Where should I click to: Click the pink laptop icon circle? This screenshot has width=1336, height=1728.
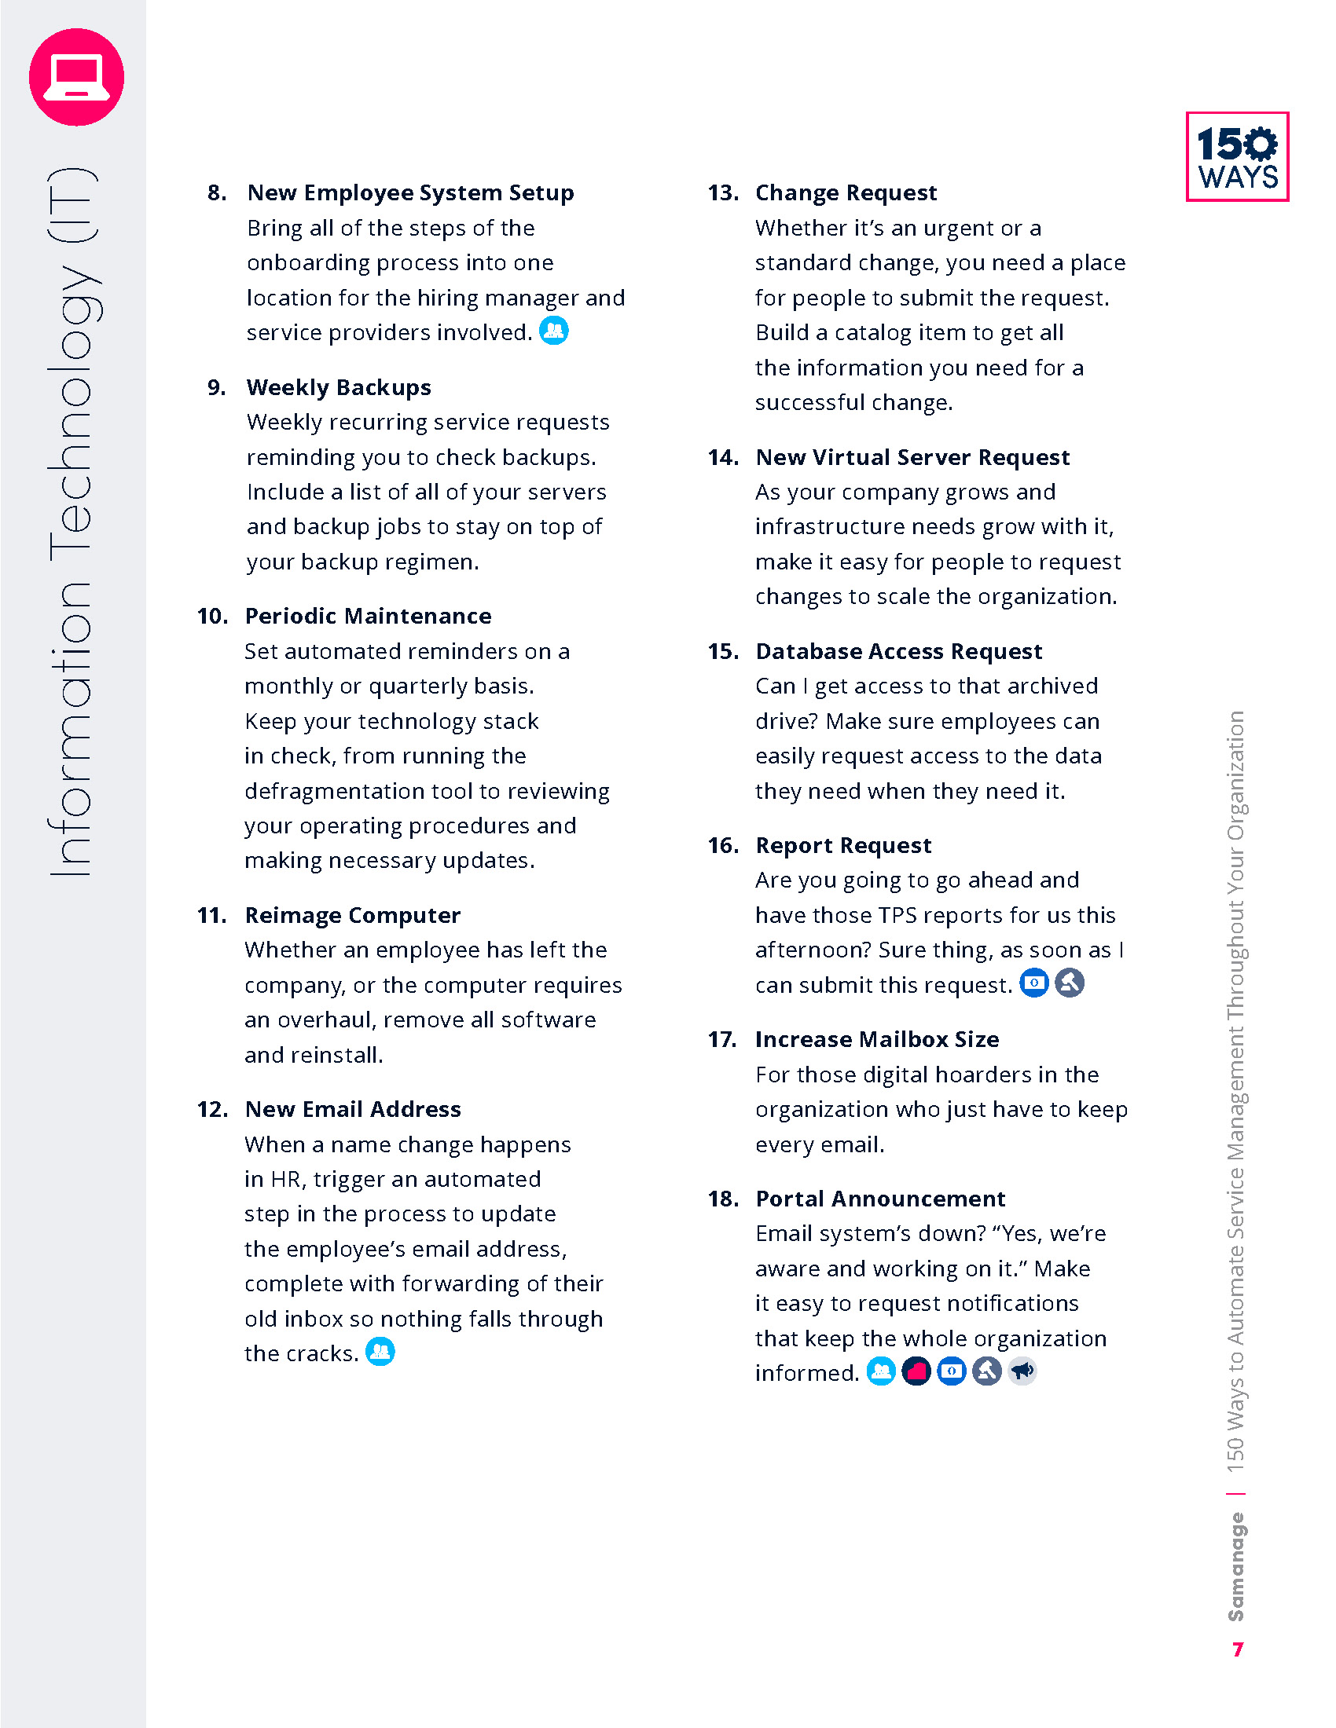[x=77, y=78]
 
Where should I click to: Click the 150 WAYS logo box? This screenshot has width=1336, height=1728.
[x=1237, y=156]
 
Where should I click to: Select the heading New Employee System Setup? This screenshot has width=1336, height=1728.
[x=410, y=193]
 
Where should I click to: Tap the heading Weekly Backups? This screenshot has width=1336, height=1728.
[x=339, y=388]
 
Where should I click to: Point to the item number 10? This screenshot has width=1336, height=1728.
[x=212, y=617]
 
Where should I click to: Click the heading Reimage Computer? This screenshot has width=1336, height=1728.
[x=352, y=915]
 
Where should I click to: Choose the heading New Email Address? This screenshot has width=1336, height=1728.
[x=353, y=1109]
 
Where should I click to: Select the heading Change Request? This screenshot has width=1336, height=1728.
[x=846, y=193]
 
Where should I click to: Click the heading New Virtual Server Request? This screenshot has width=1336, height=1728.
[x=912, y=457]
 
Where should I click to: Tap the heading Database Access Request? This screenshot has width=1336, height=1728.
[x=898, y=651]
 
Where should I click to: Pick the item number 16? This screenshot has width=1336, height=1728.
[x=723, y=846]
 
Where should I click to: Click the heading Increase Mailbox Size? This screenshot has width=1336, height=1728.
[x=877, y=1040]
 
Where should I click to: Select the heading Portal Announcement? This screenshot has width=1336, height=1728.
[x=880, y=1199]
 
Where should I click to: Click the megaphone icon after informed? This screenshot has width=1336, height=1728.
[x=1022, y=1371]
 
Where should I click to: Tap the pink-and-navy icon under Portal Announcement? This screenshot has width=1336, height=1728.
[x=916, y=1371]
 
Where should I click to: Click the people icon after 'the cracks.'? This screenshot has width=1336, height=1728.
[x=380, y=1352]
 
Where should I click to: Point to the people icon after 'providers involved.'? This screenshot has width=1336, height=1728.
[x=554, y=330]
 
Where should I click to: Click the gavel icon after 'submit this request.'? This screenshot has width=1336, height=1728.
[x=1070, y=983]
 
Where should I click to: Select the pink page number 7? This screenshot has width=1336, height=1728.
[x=1238, y=1649]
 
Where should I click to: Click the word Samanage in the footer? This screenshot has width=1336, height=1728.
[x=1235, y=1567]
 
